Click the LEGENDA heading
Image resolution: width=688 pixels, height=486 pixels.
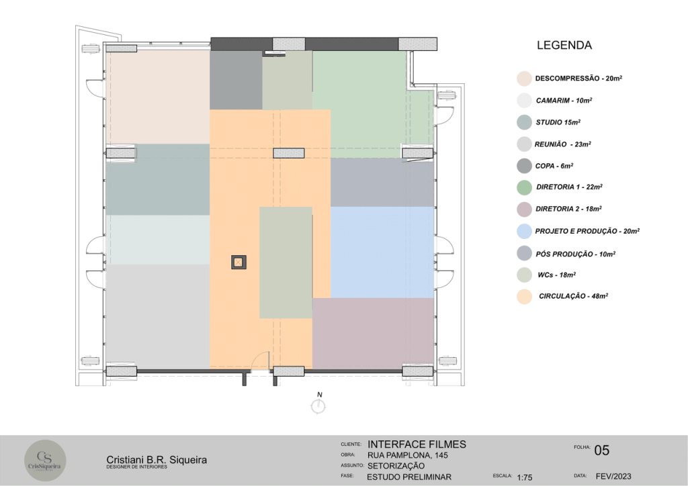tap(564, 45)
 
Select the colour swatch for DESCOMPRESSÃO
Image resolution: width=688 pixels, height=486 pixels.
tap(524, 79)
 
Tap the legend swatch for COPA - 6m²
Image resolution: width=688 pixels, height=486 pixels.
tap(524, 166)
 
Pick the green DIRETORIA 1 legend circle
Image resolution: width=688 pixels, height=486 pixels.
tap(524, 187)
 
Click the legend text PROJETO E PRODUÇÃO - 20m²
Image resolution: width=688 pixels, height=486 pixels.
tap(587, 231)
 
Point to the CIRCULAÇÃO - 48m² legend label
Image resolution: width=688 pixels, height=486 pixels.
tap(574, 296)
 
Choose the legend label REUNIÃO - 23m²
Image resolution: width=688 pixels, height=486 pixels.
tap(562, 144)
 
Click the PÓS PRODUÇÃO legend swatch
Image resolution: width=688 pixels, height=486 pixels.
tap(524, 253)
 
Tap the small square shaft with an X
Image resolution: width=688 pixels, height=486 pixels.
tap(239, 262)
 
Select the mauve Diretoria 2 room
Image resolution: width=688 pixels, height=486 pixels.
tap(373, 333)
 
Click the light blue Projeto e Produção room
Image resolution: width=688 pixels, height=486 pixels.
tap(382, 252)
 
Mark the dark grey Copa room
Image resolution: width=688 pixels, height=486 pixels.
tap(236, 80)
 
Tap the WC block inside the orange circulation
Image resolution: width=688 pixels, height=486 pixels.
tap(286, 262)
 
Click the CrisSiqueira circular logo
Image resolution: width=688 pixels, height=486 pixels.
tap(45, 460)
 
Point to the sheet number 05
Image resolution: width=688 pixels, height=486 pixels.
tap(601, 450)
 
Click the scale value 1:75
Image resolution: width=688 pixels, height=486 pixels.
tap(524, 477)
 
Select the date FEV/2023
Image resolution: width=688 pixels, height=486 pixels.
tap(613, 477)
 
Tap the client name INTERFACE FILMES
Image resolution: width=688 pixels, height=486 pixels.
tap(417, 444)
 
